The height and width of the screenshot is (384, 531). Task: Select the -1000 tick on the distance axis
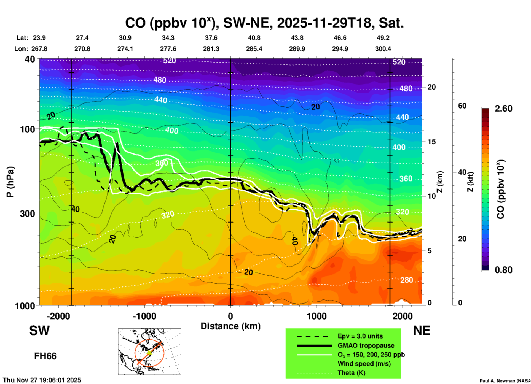pyautogui.click(x=144, y=316)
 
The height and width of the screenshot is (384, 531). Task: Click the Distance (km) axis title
pyautogui.click(x=230, y=326)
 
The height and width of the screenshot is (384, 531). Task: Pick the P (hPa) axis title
pyautogui.click(x=10, y=182)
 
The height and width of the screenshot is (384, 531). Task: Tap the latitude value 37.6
pyautogui.click(x=211, y=38)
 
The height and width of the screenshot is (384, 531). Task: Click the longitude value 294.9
pyautogui.click(x=340, y=49)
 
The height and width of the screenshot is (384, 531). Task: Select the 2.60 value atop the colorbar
pyautogui.click(x=503, y=109)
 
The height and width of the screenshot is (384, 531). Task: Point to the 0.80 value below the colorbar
pyautogui.click(x=503, y=270)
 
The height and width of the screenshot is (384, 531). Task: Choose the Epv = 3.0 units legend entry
pyautogui.click(x=360, y=336)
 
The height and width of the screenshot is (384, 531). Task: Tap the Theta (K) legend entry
pyautogui.click(x=351, y=373)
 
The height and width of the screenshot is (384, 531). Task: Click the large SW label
pyautogui.click(x=39, y=331)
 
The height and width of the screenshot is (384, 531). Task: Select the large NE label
pyautogui.click(x=422, y=331)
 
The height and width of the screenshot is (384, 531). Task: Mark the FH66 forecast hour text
pyautogui.click(x=45, y=356)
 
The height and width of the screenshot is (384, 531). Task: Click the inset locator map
pyautogui.click(x=149, y=351)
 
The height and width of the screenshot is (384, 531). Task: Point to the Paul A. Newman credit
pyautogui.click(x=505, y=381)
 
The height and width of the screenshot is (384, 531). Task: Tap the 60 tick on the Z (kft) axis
pyautogui.click(x=462, y=106)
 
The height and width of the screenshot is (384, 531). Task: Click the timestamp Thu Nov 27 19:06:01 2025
pyautogui.click(x=42, y=380)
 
